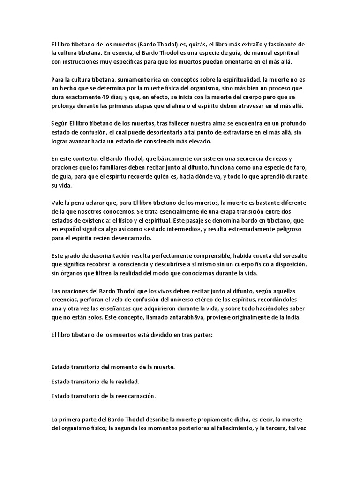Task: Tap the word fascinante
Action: point(283,44)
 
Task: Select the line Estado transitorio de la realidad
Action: point(95,381)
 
